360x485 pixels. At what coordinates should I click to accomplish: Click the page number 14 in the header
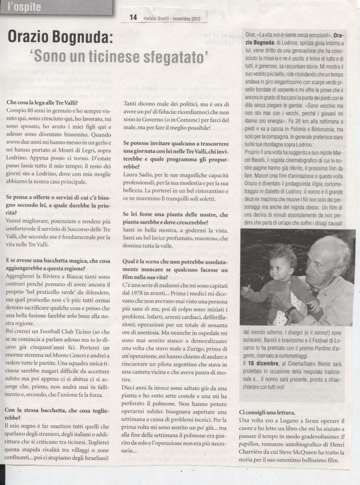coord(133,18)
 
